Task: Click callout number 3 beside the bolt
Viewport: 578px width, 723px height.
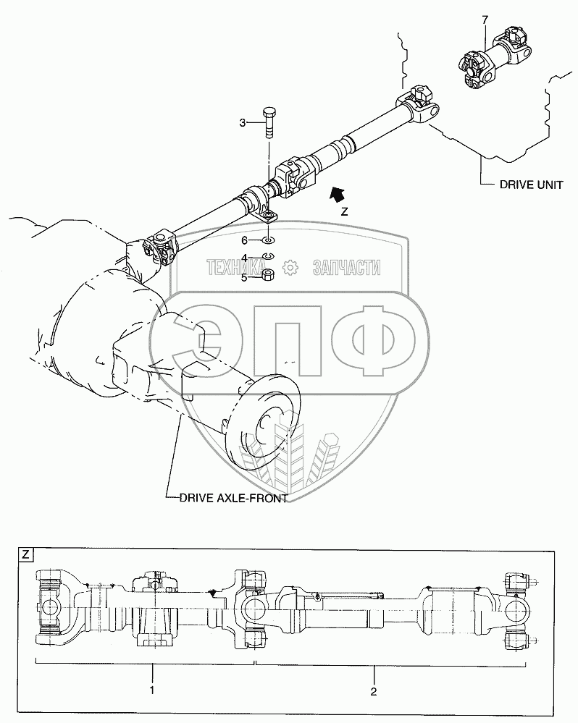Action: point(243,122)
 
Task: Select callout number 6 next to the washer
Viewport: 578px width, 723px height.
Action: point(245,240)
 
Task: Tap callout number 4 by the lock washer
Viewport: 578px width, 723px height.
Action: point(245,257)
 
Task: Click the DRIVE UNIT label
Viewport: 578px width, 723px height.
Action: point(531,185)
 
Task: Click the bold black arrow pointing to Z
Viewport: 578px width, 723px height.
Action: point(337,194)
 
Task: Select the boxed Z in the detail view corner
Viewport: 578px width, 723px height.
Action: point(25,556)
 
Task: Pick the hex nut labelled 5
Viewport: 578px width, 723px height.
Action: point(267,275)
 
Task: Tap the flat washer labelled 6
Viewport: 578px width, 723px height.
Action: point(267,240)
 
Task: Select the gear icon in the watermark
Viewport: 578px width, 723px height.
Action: point(290,268)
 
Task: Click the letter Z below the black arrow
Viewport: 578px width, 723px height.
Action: point(345,213)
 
